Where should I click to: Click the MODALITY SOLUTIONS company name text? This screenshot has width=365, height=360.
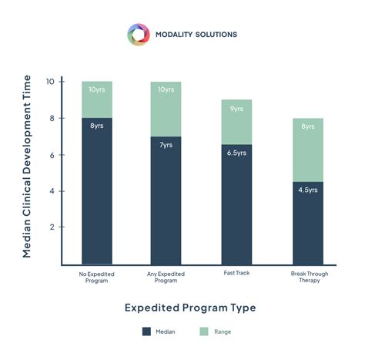(196, 35)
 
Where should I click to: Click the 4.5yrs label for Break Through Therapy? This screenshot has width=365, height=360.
(307, 190)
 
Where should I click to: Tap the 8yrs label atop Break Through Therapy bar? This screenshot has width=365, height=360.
(308, 126)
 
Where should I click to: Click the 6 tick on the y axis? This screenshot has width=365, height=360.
(51, 154)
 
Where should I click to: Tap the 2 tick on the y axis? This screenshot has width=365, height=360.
(51, 227)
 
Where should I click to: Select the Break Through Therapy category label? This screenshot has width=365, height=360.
(308, 277)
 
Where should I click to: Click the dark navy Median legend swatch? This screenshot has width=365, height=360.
(146, 332)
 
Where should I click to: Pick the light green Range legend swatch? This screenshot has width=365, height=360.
(205, 332)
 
